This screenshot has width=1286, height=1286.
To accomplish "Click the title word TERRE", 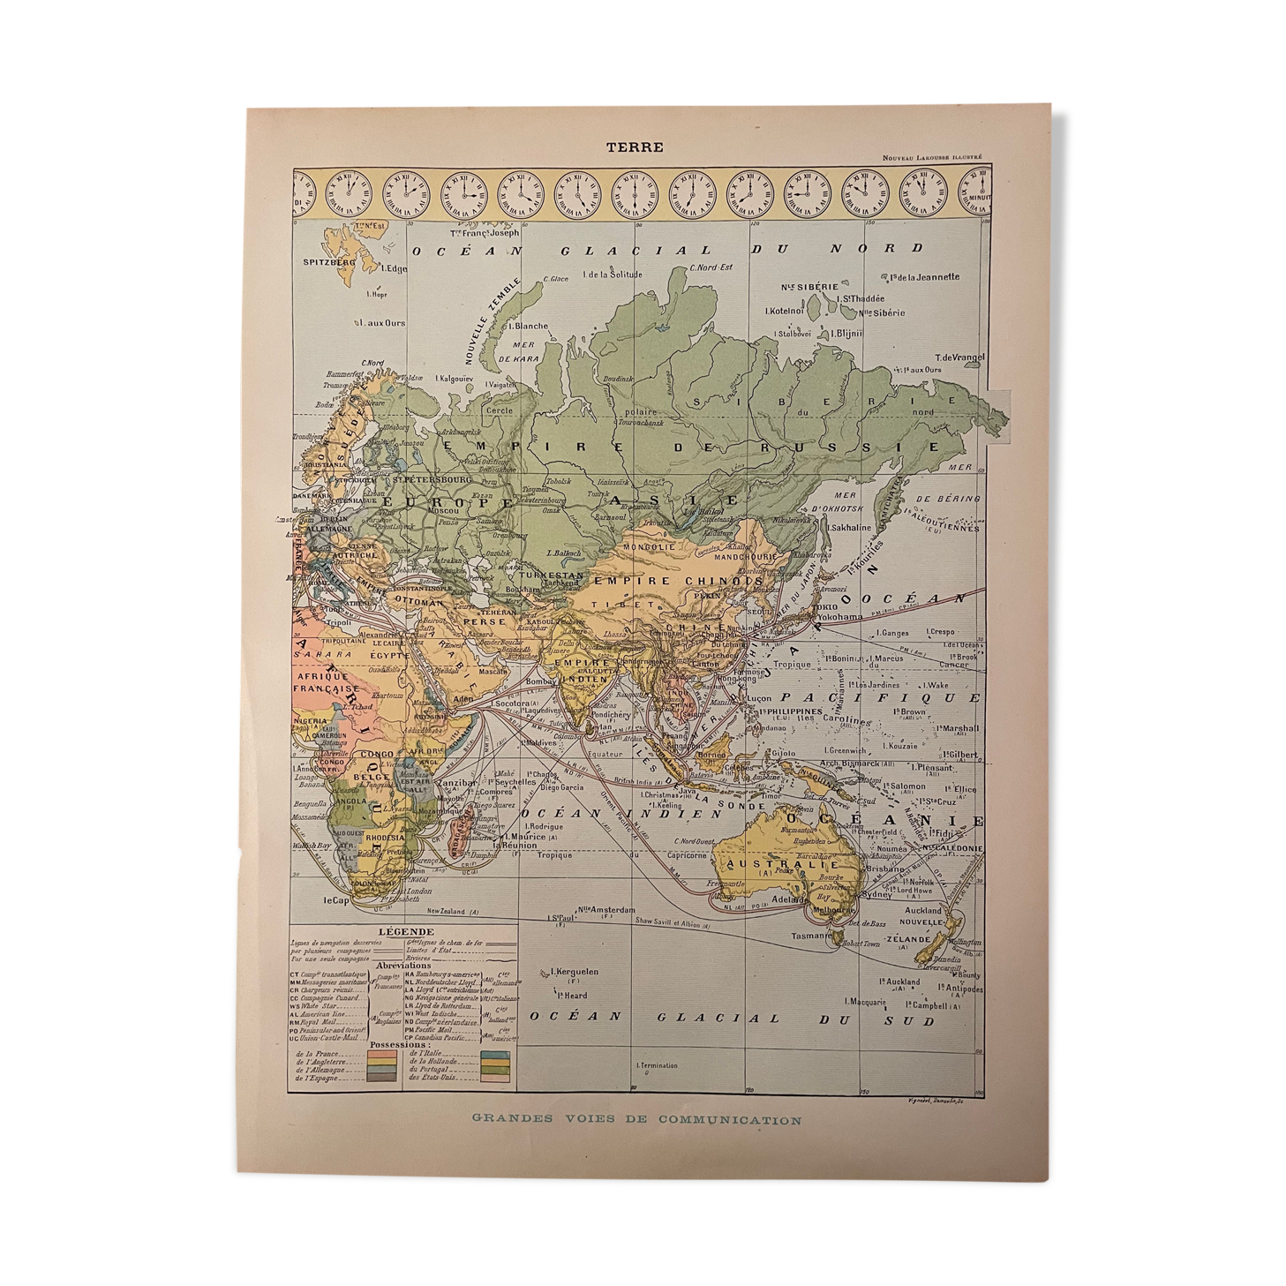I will click(634, 147).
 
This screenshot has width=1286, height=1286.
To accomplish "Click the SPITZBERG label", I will click(328, 262).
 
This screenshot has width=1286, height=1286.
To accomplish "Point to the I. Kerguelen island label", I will click(573, 972).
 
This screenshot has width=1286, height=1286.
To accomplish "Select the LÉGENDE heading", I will click(405, 931).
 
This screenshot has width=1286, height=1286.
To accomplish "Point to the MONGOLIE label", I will click(650, 546).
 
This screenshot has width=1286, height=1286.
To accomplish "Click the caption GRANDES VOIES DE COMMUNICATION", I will click(636, 1119).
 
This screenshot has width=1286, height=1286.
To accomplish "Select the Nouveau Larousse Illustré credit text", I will click(932, 158).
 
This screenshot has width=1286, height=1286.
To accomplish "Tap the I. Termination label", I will click(657, 1064).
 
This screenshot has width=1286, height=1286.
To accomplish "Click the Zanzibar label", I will click(456, 782).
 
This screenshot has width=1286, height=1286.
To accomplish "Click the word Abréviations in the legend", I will click(405, 966).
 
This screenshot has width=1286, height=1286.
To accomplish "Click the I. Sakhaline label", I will click(849, 527).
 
